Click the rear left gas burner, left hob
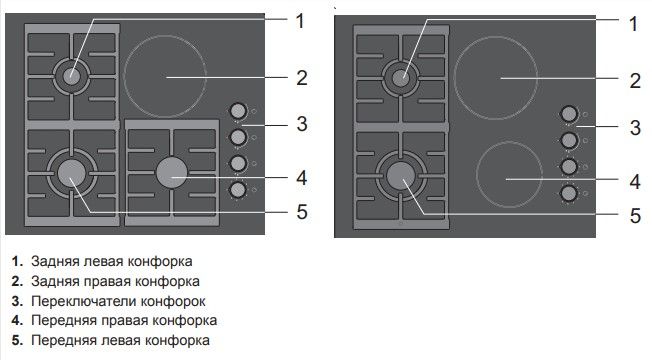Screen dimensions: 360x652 [x=72, y=76]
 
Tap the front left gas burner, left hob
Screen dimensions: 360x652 [x=71, y=173]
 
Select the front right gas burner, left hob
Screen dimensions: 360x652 [x=172, y=172]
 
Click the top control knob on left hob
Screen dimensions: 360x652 [x=239, y=111]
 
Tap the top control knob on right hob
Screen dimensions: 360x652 [x=569, y=115]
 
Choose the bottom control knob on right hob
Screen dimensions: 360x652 [x=569, y=192]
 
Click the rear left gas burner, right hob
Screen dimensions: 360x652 [x=401, y=78]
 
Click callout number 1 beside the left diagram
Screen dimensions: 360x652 [x=299, y=19]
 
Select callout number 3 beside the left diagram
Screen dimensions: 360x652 [x=300, y=124]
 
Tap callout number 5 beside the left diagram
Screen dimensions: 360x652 [x=300, y=211]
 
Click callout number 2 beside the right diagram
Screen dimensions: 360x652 [x=633, y=80]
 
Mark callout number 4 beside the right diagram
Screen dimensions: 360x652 [x=633, y=182]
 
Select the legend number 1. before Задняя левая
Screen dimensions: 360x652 [x=17, y=262]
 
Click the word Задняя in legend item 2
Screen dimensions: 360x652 [x=53, y=282]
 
